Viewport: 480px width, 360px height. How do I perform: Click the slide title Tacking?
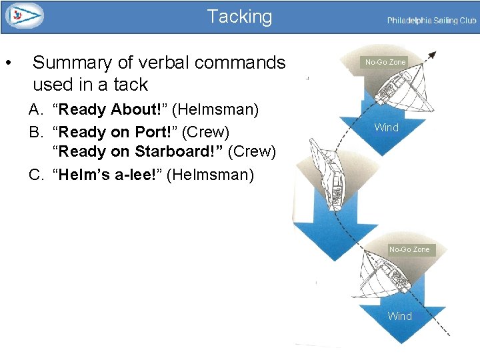pyautogui.click(x=239, y=17)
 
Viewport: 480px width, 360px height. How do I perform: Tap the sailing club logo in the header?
pyautogui.click(x=24, y=16)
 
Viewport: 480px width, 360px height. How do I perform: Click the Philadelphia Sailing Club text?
pyautogui.click(x=431, y=21)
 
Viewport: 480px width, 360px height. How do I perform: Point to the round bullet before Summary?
pyautogui.click(x=7, y=64)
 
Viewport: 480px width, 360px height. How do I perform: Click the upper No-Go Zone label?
pyautogui.click(x=385, y=62)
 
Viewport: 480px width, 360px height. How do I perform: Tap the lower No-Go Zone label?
pyautogui.click(x=409, y=249)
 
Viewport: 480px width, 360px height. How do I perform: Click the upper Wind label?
pyautogui.click(x=386, y=127)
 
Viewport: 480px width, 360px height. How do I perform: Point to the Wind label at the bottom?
pyautogui.click(x=399, y=316)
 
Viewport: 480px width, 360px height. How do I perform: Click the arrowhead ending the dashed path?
pyautogui.click(x=434, y=55)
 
